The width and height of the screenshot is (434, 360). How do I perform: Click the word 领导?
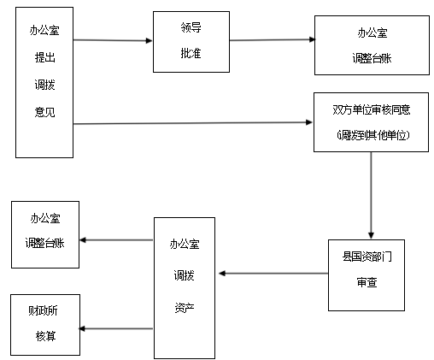[191, 27]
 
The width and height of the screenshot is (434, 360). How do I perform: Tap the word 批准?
[191, 53]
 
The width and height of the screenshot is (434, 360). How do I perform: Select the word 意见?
[44, 112]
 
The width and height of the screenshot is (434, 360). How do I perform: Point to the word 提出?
[44, 57]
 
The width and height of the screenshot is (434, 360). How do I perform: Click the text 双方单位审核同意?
[372, 109]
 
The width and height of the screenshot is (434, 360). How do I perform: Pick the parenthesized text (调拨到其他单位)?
[372, 135]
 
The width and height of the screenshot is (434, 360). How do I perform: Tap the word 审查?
[367, 282]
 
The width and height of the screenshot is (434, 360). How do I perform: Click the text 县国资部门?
[367, 257]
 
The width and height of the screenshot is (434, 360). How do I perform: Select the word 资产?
[185, 308]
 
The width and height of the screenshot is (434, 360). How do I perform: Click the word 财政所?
[43, 310]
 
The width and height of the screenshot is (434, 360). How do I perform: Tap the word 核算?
[45, 336]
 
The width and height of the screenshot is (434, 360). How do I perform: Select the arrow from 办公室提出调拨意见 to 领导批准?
[113, 40]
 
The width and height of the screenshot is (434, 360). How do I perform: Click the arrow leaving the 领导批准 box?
[273, 40]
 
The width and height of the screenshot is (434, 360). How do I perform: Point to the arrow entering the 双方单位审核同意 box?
[193, 123]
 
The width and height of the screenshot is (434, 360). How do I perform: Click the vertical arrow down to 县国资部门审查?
[371, 195]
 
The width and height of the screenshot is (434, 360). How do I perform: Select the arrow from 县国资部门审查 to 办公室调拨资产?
[273, 274]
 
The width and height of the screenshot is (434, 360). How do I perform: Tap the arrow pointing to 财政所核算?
[116, 328]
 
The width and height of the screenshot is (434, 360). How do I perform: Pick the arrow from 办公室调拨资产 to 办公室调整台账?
[116, 240]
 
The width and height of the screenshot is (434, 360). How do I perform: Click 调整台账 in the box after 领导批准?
[372, 58]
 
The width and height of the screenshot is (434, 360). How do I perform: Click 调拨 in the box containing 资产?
[185, 275]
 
